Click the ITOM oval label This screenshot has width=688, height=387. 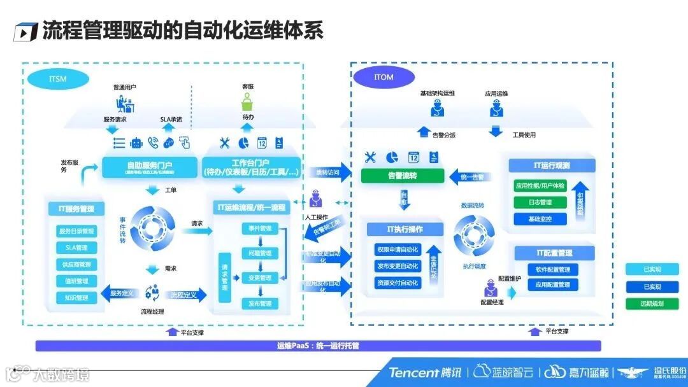coord(383,78)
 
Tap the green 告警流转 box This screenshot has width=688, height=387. coord(402,176)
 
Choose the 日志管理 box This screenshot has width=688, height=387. coord(540,202)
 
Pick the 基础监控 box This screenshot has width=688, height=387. coord(540,219)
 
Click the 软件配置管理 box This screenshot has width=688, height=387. coord(552,269)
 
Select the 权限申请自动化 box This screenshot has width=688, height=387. coord(398,250)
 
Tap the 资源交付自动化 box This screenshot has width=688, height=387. coord(398,283)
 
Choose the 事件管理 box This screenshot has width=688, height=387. coord(260,229)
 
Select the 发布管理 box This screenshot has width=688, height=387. coord(260,304)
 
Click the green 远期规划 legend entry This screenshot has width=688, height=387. coord(652,304)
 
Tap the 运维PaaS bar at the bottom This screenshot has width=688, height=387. coord(318,346)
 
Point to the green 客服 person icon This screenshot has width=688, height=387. coord(247,102)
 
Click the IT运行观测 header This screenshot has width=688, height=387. coord(552,165)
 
